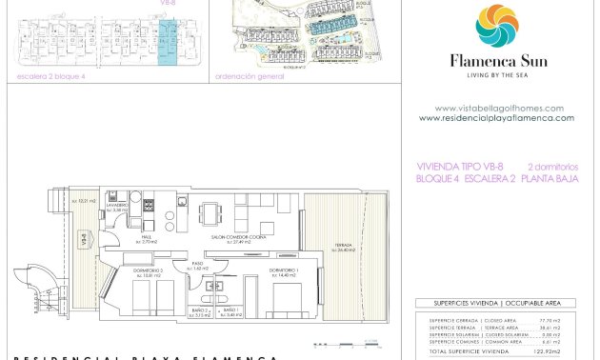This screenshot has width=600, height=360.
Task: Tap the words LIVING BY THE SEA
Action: point(496,74)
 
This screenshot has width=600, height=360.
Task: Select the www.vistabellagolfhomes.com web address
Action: point(498,108)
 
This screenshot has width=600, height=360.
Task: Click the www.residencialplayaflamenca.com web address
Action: point(496,118)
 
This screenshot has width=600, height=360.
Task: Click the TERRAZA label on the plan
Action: point(344,247)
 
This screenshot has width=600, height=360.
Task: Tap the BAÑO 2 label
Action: point(199,311)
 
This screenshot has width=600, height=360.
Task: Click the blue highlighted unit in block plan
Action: point(166,43)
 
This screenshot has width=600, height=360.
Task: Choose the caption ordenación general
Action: point(250,76)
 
